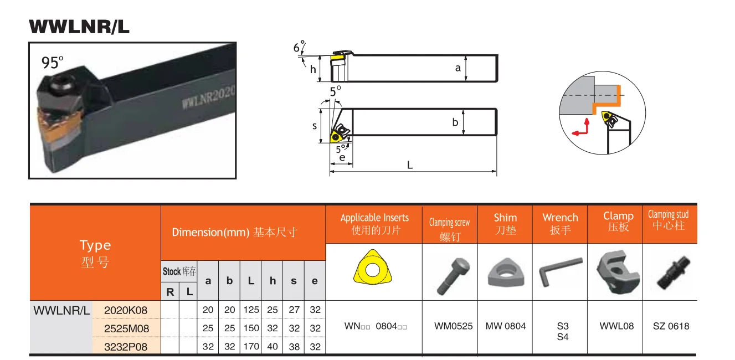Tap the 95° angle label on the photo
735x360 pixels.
(53, 63)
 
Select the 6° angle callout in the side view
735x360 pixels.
(299, 48)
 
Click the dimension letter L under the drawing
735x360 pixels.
(410, 165)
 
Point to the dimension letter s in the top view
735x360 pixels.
(315, 126)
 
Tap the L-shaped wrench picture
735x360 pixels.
(560, 271)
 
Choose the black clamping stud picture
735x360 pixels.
(670, 271)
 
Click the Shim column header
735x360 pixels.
(505, 223)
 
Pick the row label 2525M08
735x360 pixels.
(126, 328)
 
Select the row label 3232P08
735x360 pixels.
(126, 346)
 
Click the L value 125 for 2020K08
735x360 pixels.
(251, 310)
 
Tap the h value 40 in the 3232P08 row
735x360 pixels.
(273, 346)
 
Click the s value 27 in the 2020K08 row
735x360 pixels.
(294, 310)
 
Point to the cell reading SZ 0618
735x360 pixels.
(671, 326)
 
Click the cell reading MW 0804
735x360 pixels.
(505, 326)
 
